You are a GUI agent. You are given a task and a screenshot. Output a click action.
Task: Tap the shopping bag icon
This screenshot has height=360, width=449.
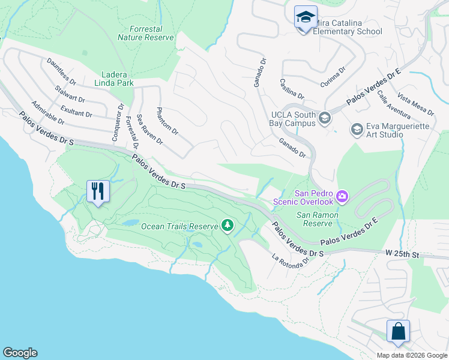(x=398, y=331)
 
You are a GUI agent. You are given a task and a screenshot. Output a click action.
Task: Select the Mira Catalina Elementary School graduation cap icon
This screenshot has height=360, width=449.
(x=306, y=17)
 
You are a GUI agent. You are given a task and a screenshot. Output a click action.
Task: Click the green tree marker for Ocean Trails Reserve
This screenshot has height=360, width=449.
(x=227, y=226)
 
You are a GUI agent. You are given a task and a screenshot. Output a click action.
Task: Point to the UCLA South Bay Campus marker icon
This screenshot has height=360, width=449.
(x=325, y=118)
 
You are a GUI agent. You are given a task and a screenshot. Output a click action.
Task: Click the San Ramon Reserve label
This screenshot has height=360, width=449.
(x=317, y=219)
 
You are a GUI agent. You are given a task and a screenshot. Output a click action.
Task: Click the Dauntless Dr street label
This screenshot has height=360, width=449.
(x=61, y=71)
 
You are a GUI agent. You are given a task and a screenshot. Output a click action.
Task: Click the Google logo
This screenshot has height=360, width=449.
(x=20, y=353)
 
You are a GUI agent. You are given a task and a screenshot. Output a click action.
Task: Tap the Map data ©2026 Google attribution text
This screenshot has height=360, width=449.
(x=411, y=355)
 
